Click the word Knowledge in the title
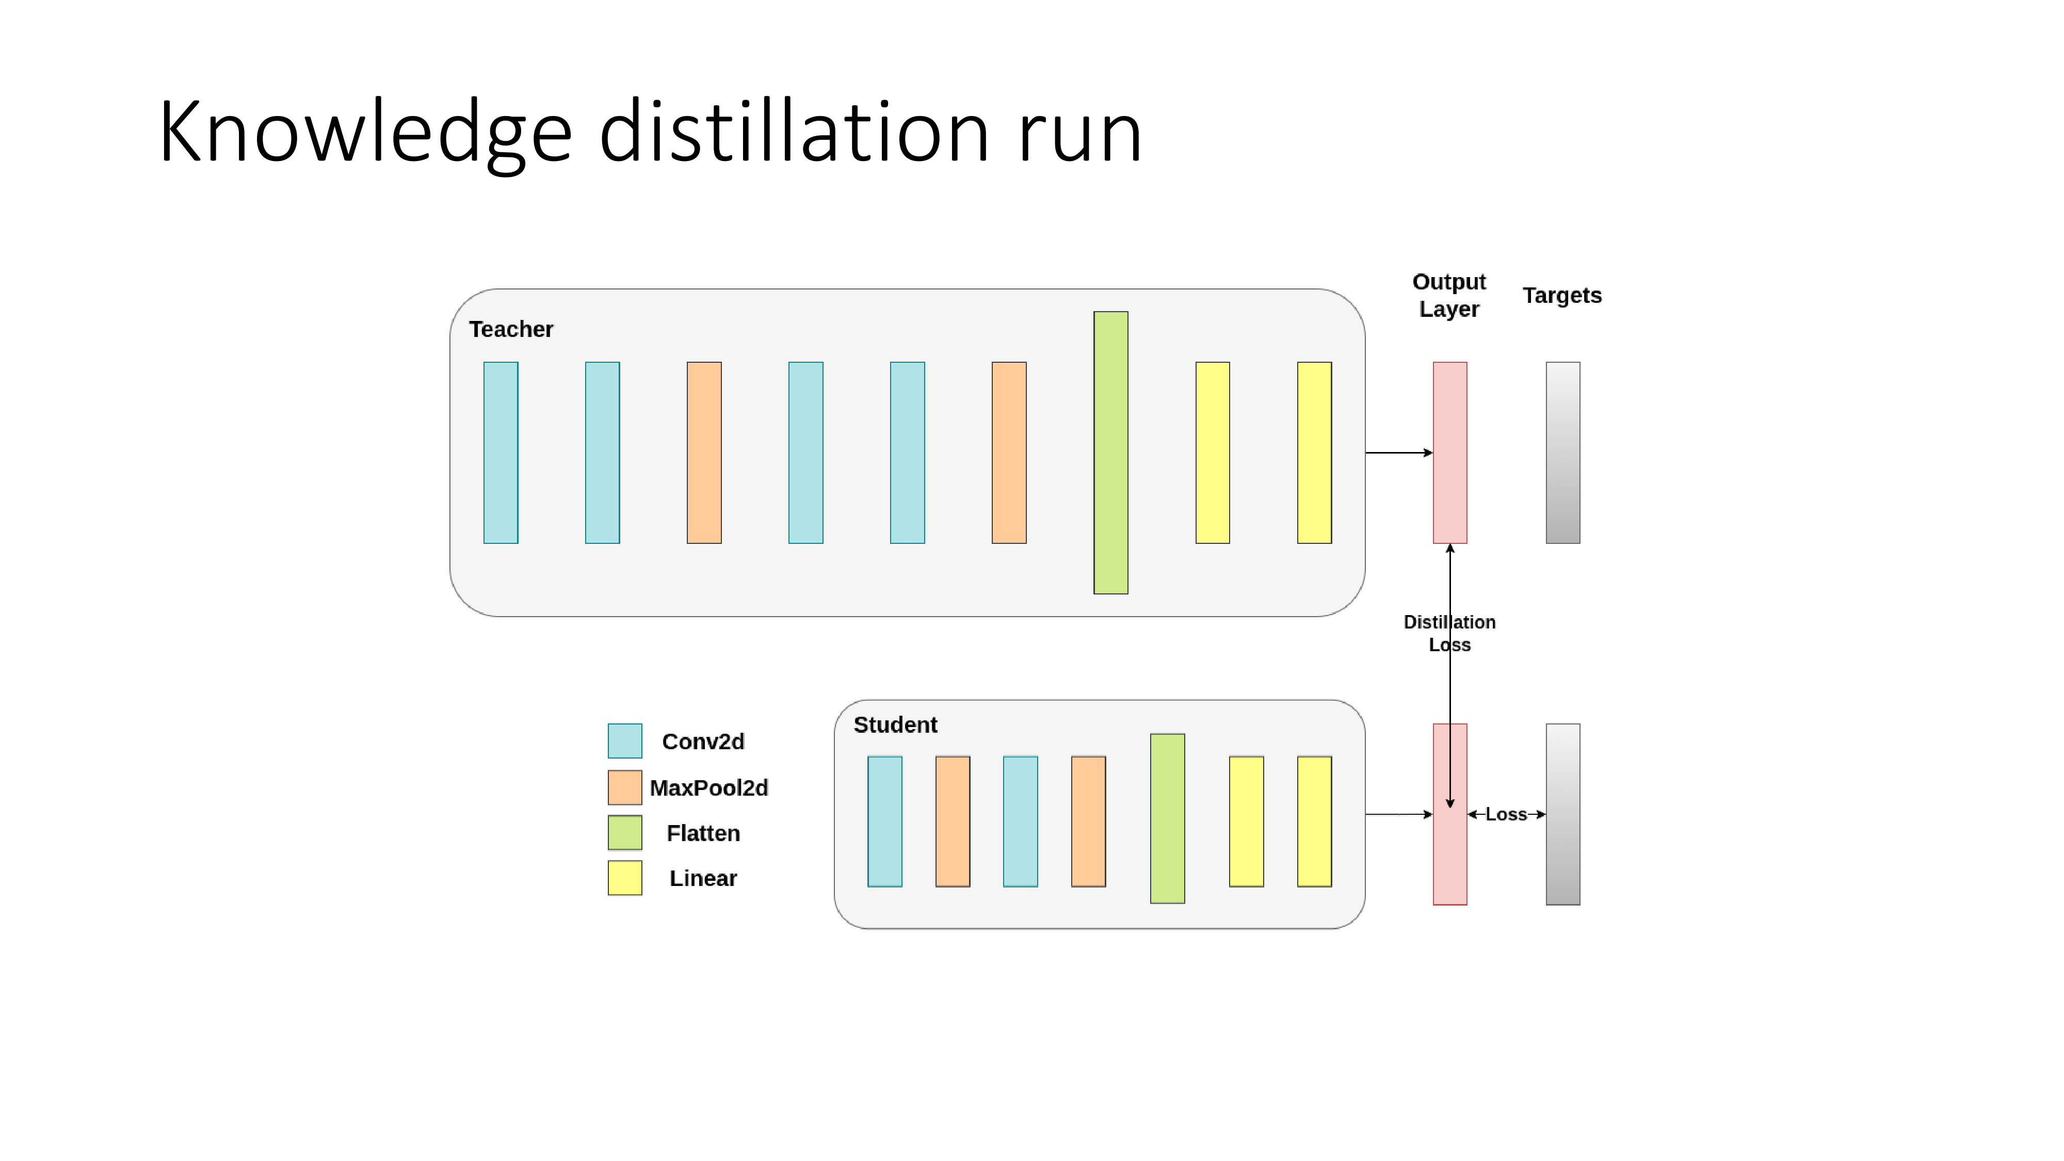click(365, 132)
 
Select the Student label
click(894, 725)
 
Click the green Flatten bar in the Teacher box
click(1110, 453)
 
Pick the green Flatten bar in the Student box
click(1167, 818)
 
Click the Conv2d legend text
click(703, 742)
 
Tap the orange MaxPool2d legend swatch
click(624, 787)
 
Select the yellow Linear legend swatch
click(624, 878)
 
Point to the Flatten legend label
click(703, 833)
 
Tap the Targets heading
click(1561, 296)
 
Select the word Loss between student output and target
click(1506, 814)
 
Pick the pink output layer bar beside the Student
click(1449, 857)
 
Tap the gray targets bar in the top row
click(1562, 453)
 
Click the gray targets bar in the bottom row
click(1562, 814)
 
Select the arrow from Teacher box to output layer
click(1398, 453)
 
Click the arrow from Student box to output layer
click(1398, 814)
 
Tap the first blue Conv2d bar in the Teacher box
click(501, 453)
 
